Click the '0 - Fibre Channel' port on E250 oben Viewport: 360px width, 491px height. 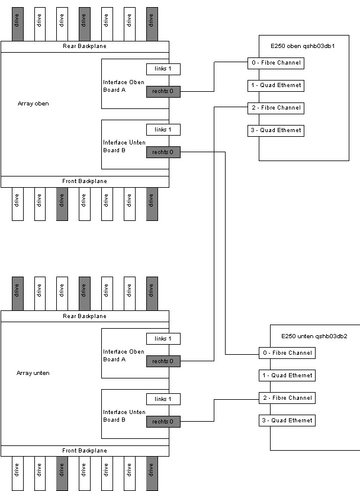click(275, 63)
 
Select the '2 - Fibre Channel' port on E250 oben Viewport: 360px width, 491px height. click(275, 108)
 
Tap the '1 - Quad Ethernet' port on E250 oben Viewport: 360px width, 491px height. click(275, 85)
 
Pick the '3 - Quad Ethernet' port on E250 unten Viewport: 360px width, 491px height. click(287, 421)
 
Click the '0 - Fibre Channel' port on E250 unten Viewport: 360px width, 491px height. click(287, 353)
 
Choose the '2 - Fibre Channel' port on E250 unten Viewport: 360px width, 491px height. click(287, 398)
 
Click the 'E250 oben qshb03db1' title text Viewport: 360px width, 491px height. click(303, 46)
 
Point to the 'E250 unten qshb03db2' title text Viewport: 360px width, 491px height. click(314, 336)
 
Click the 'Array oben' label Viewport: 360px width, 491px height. click(33, 104)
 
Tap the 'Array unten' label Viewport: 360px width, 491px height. click(33, 373)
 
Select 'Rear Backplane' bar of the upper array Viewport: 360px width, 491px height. click(85, 46)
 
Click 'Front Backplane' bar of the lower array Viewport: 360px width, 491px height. click(85, 451)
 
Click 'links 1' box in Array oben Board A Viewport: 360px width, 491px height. click(163, 69)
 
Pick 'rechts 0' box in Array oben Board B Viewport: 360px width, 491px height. click(163, 152)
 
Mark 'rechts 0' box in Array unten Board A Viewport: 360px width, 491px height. click(163, 361)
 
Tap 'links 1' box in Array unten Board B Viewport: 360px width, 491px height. click(163, 399)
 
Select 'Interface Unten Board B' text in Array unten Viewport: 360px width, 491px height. click(123, 416)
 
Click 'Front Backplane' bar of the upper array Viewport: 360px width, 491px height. click(85, 181)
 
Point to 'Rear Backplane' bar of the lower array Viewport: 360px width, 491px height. click(85, 316)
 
